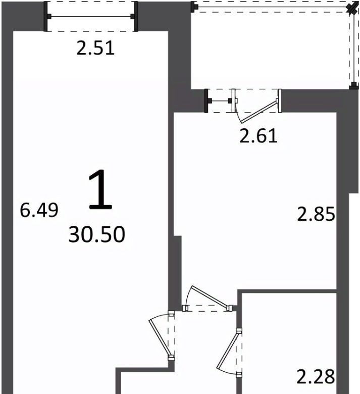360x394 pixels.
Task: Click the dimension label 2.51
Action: [95, 48]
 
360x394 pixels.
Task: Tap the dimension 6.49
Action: [39, 210]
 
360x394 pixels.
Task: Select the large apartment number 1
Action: [100, 189]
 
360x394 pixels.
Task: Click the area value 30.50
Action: [97, 234]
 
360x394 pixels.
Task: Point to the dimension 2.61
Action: [259, 136]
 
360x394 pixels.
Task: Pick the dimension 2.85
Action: [316, 214]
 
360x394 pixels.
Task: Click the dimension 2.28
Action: [316, 377]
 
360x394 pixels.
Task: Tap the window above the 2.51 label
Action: [91, 17]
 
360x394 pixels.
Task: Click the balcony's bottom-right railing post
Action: [354, 86]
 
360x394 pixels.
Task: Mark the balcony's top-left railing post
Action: [193, 7]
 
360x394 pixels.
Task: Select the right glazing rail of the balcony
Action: [354, 48]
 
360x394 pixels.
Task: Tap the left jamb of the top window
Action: [46, 17]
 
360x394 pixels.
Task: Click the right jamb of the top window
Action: [136, 17]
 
